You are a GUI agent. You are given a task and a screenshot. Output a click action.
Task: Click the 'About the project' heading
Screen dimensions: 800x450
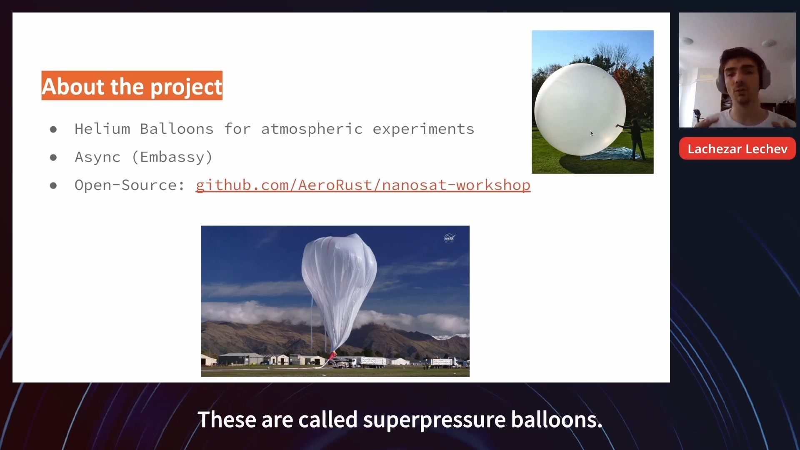coord(132,86)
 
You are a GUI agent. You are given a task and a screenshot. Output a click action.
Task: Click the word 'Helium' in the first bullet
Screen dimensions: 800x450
coord(102,129)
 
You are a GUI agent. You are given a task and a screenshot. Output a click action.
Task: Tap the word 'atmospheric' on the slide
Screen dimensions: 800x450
coord(312,129)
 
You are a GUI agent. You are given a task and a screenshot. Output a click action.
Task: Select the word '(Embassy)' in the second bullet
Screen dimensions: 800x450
coord(172,157)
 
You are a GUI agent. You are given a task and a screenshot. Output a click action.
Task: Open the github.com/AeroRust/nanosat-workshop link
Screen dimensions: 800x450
coord(363,185)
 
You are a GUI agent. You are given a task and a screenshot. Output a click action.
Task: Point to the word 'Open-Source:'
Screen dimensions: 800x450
coord(130,185)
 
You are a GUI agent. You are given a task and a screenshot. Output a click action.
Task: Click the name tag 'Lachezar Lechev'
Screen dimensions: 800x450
coord(737,149)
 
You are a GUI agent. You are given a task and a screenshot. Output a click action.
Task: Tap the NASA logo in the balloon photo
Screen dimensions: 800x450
coord(449,238)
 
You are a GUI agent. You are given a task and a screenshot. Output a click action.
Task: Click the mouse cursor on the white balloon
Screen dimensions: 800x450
coord(592,133)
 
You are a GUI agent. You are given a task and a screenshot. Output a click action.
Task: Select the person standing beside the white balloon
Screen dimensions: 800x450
coord(635,139)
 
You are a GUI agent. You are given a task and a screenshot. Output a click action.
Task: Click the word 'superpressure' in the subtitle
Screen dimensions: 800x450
coord(434,420)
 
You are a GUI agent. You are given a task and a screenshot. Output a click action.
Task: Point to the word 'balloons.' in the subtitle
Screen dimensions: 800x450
coord(557,419)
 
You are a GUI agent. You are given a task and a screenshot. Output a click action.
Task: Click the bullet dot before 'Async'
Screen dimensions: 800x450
coord(53,157)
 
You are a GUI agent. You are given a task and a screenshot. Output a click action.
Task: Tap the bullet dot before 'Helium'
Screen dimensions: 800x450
coord(53,130)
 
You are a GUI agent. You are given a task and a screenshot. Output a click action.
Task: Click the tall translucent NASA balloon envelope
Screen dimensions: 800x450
coord(338,292)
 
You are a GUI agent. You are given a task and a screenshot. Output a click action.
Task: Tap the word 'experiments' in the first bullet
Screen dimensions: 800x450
coord(423,129)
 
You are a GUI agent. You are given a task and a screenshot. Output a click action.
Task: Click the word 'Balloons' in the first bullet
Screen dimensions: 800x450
coord(177,129)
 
